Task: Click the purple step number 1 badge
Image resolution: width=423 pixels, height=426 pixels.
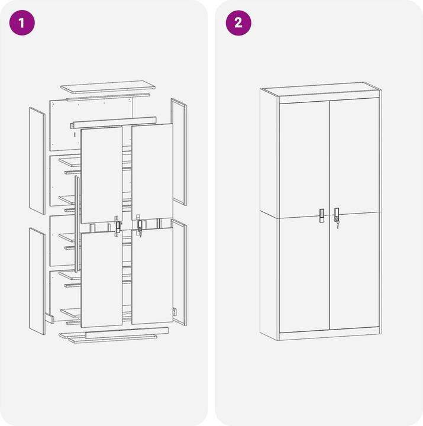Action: pos(22,23)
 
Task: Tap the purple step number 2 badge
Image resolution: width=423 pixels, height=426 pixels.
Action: pos(238,23)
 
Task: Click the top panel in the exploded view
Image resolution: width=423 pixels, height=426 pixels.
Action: pos(108,86)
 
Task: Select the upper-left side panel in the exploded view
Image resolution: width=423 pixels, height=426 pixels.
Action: pos(37,160)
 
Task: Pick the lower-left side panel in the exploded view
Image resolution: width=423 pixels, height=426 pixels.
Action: pos(37,281)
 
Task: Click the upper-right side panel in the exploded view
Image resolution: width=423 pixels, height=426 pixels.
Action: pos(179,152)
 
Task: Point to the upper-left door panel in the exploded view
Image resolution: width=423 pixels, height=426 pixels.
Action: pos(102,175)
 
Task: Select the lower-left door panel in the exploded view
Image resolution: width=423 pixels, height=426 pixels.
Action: pos(102,279)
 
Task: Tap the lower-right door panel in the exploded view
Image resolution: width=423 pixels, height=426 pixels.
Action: pos(152,276)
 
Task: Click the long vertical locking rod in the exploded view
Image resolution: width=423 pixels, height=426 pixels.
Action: pos(77,224)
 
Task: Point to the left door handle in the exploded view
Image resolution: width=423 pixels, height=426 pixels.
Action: pos(118,227)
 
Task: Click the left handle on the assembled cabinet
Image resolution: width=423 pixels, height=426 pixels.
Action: pos(322,216)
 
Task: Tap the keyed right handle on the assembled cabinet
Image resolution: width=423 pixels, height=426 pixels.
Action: pos(337,216)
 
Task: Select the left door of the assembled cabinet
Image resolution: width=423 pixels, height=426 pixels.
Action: pos(304,217)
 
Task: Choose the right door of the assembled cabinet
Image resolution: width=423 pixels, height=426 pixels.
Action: pos(354,214)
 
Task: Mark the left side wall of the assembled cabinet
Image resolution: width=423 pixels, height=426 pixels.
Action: pos(270,214)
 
